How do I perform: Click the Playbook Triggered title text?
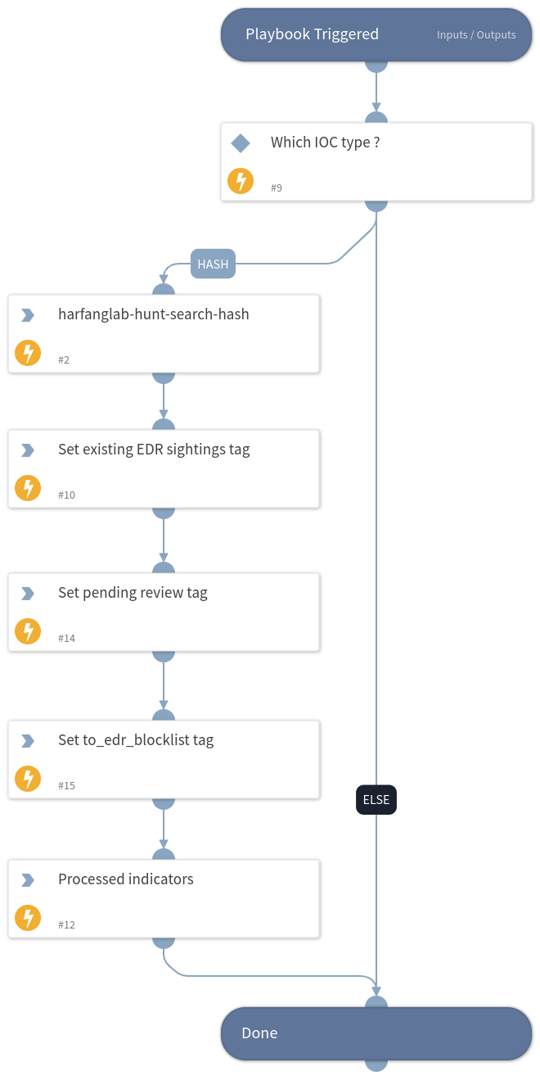pyautogui.click(x=312, y=34)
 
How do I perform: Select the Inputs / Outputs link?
pyautogui.click(x=476, y=35)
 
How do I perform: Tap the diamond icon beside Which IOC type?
pyautogui.click(x=241, y=143)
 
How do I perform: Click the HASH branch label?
pyautogui.click(x=213, y=264)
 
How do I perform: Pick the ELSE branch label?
pyautogui.click(x=376, y=800)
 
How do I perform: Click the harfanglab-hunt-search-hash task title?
pyautogui.click(x=154, y=314)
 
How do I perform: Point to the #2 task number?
pyautogui.click(x=64, y=360)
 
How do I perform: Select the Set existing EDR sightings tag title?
pyautogui.click(x=154, y=450)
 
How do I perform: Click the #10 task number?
pyautogui.click(x=67, y=495)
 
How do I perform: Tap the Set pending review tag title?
pyautogui.click(x=133, y=593)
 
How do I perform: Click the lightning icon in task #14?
pyautogui.click(x=28, y=632)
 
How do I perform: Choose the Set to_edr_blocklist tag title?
pyautogui.click(x=136, y=740)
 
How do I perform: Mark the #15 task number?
pyautogui.click(x=67, y=786)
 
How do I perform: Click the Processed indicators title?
pyautogui.click(x=126, y=879)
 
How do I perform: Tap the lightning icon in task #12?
pyautogui.click(x=28, y=919)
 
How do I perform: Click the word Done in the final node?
pyautogui.click(x=259, y=1033)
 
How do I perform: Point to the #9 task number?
pyautogui.click(x=277, y=188)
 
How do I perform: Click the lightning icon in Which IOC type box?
pyautogui.click(x=241, y=181)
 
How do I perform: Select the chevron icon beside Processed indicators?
pyautogui.click(x=28, y=880)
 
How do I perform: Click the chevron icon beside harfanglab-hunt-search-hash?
pyautogui.click(x=28, y=314)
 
